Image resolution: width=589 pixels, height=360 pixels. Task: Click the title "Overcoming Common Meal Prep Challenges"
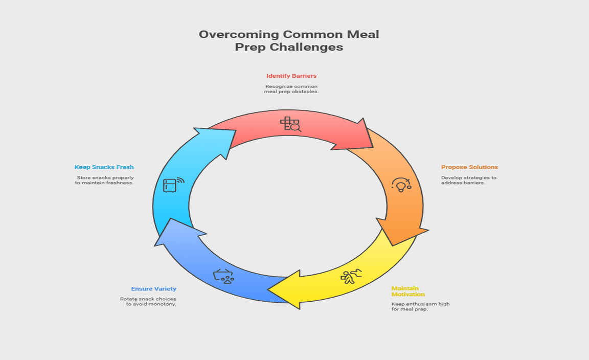[x=289, y=41]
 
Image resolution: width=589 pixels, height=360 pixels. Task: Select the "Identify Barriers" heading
[x=291, y=76]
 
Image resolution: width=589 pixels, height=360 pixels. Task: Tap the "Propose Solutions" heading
[x=469, y=167]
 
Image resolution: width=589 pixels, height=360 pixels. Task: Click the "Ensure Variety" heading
[x=153, y=289]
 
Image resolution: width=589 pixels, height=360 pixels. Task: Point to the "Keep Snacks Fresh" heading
[x=104, y=167]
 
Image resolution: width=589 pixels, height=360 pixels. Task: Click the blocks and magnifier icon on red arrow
[x=290, y=124]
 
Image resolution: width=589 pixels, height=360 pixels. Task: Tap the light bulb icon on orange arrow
[x=401, y=185]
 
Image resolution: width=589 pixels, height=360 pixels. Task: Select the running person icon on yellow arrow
[x=351, y=277]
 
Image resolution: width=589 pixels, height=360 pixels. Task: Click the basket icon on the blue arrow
[x=223, y=276]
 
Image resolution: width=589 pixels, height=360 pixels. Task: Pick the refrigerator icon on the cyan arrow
[x=173, y=185]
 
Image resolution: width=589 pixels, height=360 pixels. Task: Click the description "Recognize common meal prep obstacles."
[x=291, y=89]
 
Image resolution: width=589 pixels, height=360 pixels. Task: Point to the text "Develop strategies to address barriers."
[x=468, y=180]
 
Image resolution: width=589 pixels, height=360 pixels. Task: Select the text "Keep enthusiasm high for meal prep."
[x=420, y=306]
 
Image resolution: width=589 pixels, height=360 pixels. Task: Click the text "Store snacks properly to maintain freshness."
[x=104, y=180]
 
